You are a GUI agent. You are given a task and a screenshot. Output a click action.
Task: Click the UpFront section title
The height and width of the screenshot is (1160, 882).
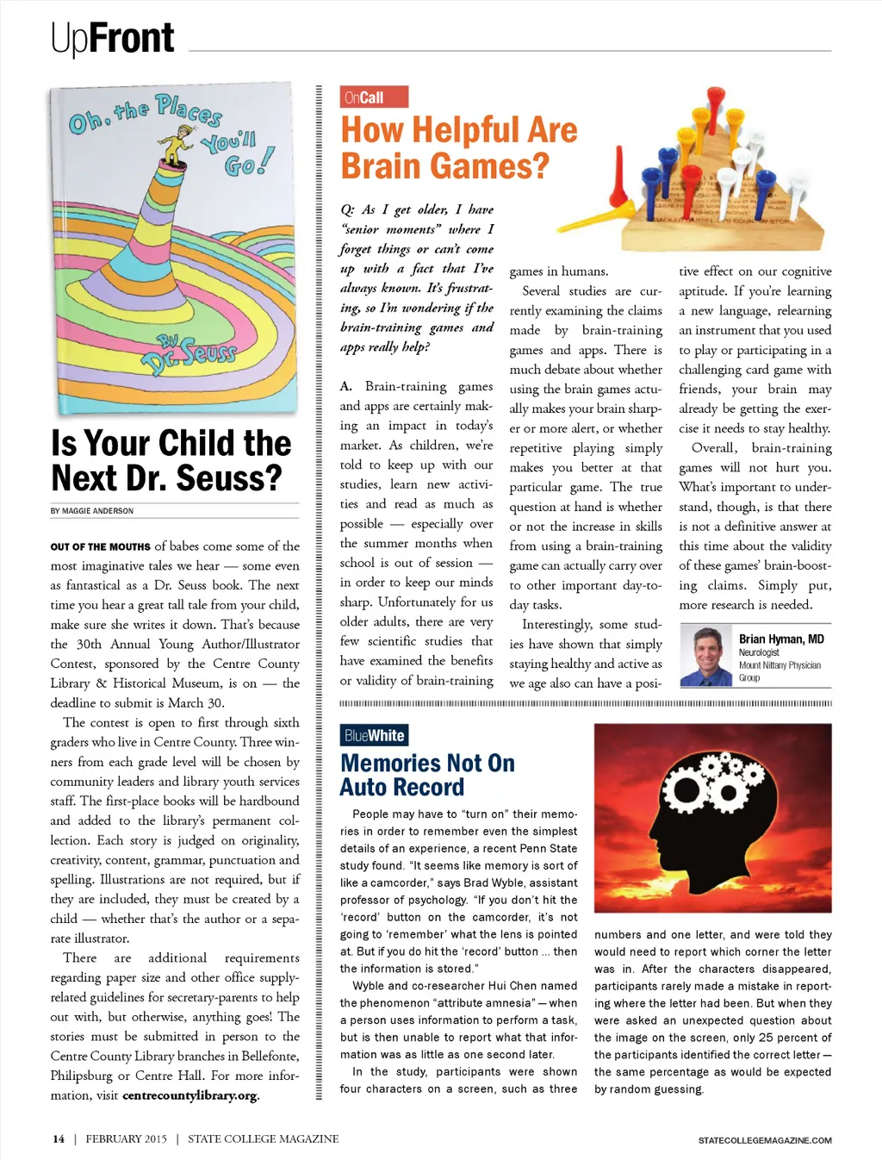click(112, 38)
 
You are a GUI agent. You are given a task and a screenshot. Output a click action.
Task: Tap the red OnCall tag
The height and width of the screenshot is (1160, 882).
click(374, 97)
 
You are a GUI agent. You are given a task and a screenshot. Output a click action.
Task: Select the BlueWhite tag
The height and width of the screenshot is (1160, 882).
click(374, 735)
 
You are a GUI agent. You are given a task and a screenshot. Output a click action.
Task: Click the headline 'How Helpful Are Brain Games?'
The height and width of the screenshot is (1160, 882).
click(458, 148)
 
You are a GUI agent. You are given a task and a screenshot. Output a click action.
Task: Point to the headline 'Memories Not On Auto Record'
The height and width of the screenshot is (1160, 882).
click(427, 775)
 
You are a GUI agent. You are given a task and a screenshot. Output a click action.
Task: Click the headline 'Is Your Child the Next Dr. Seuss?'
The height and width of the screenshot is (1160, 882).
click(171, 460)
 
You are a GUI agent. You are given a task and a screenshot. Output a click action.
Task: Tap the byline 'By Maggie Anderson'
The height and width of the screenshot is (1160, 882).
click(92, 511)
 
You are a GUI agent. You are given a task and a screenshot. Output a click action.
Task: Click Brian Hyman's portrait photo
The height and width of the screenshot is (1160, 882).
click(706, 656)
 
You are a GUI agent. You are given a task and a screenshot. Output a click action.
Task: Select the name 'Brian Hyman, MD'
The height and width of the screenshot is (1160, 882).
click(781, 639)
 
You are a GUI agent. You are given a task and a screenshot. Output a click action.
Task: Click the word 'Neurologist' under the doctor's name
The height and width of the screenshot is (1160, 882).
click(759, 652)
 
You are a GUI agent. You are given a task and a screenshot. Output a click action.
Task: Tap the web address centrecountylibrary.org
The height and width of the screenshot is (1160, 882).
click(189, 1095)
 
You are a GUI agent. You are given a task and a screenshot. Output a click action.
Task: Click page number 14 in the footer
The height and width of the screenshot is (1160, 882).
click(59, 1138)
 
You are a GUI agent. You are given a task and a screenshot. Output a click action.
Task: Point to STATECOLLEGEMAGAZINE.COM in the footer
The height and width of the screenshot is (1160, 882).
click(765, 1140)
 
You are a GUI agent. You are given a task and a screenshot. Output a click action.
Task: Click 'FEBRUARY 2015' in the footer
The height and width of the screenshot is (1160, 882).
click(126, 1138)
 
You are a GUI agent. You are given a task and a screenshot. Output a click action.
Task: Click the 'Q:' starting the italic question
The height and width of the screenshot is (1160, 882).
click(347, 209)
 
